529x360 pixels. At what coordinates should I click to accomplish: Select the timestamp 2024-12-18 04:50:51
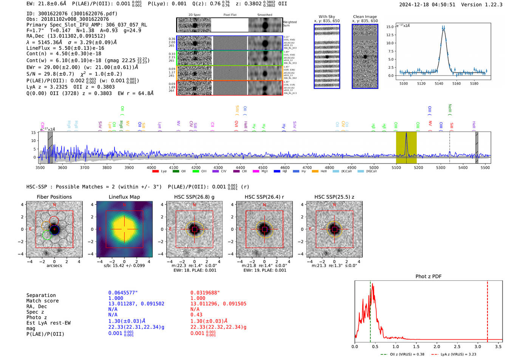tap(427, 5)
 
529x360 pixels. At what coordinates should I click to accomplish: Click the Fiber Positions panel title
tap(54, 197)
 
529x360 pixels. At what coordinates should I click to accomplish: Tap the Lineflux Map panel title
tap(124, 197)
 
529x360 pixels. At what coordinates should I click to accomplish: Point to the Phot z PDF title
tap(428, 276)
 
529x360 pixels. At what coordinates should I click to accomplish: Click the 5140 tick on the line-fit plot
tap(439, 83)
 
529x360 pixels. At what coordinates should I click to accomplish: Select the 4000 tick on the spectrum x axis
tap(151, 167)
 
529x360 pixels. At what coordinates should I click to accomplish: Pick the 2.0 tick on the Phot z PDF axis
tap(436, 346)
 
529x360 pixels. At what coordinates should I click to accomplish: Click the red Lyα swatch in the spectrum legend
tap(155, 172)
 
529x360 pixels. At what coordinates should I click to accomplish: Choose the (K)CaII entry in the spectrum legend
tap(346, 172)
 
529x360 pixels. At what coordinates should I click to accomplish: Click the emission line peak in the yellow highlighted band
tap(406, 134)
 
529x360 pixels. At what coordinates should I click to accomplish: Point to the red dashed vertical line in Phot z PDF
tap(487, 310)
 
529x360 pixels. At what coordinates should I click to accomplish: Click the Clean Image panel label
tap(365, 17)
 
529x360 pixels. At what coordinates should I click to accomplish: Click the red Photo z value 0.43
tap(196, 315)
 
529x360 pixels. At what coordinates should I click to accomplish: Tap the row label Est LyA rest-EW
tap(48, 323)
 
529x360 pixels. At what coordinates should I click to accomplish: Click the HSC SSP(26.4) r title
tap(264, 197)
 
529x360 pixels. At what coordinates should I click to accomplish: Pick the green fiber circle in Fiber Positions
tap(47, 235)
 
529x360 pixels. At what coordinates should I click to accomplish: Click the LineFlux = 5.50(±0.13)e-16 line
tap(65, 48)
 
